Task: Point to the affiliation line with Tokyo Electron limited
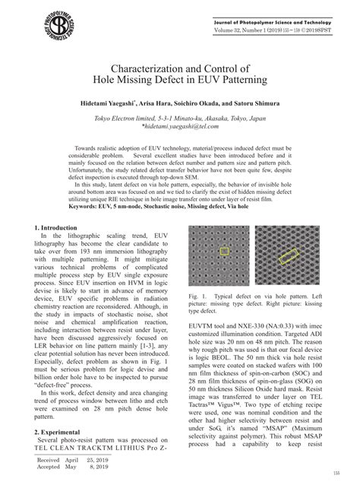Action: tap(179, 119)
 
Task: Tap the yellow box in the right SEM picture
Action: tap(289, 256)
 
